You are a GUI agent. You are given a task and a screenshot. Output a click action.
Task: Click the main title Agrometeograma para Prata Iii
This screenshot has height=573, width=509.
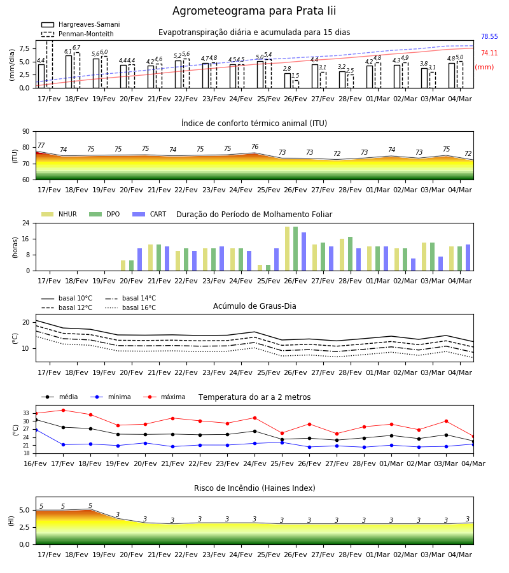point(254,11)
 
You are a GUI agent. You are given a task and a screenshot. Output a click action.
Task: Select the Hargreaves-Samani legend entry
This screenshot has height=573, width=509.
point(81,24)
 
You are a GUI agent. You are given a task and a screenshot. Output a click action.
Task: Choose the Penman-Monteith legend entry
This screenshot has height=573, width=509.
point(78,34)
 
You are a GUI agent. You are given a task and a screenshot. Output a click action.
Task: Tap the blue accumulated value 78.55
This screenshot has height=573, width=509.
point(489,36)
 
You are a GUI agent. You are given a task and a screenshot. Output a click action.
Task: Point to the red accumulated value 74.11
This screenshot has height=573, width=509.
point(489,53)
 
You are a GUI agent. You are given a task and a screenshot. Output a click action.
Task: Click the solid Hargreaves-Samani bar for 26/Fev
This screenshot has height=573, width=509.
point(288,81)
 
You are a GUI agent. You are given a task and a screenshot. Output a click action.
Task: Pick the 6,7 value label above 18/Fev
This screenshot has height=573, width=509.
point(76,48)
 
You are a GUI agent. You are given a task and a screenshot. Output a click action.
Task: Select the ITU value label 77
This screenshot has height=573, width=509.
point(41,145)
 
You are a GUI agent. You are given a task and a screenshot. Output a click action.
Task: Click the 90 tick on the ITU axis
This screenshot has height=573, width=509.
point(26,132)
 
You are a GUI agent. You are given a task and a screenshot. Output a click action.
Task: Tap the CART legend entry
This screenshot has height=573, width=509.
point(150,214)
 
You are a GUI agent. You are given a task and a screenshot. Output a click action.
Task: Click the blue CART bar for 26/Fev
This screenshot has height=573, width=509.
point(303,251)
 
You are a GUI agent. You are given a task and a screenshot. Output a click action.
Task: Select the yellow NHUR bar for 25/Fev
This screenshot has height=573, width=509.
point(260,268)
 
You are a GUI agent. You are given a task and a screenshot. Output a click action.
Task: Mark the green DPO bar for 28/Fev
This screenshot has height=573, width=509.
point(350,254)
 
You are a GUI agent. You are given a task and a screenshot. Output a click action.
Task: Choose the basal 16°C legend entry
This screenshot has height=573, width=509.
point(130,308)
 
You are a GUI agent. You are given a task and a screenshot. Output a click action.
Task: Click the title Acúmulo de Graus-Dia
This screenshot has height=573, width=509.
point(254,306)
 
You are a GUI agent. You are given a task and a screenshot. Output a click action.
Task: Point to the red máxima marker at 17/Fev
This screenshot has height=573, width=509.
point(63,411)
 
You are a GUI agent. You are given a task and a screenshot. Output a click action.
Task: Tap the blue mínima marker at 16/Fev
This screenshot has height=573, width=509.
point(36,430)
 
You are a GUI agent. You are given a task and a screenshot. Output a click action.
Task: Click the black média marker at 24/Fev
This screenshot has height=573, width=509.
point(255,431)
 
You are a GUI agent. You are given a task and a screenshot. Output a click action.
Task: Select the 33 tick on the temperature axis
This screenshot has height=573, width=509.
point(26,413)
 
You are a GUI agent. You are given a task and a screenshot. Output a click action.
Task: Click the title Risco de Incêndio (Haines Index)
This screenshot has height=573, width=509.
point(254,488)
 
